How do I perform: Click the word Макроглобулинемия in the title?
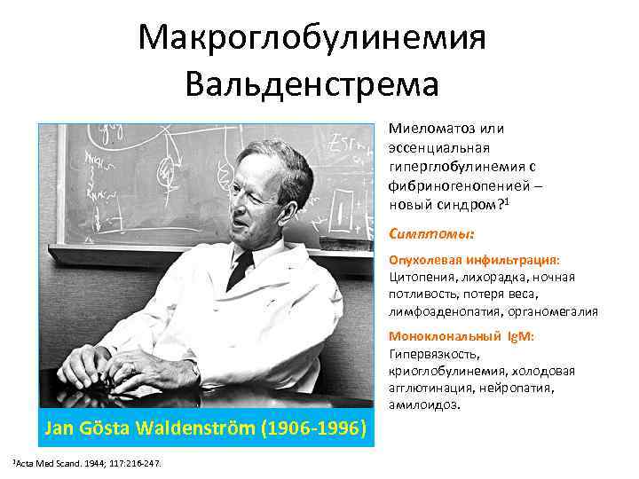point(313,37)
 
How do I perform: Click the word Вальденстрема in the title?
point(313,84)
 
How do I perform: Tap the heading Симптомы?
point(431,235)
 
